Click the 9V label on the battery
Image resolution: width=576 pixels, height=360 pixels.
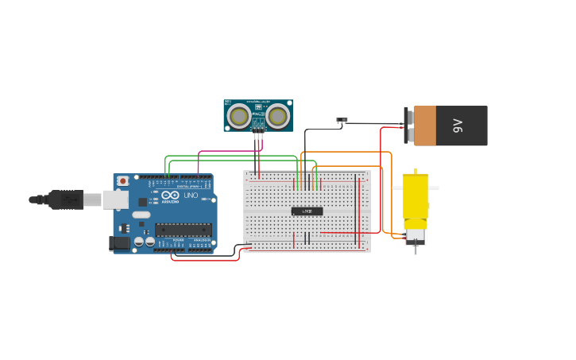pos(458,126)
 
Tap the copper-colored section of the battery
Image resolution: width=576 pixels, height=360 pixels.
pos(425,126)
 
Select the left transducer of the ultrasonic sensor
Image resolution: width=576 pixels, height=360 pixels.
pos(238,117)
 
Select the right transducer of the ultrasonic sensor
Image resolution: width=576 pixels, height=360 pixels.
pos(277,117)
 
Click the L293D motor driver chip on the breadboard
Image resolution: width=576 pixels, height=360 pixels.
pos(307,211)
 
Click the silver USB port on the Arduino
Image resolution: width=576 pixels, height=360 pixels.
pos(114,199)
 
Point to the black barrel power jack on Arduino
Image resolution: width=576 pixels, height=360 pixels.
pos(119,243)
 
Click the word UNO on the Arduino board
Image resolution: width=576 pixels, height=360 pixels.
pos(191,195)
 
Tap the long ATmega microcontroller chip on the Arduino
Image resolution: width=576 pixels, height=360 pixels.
pos(184,230)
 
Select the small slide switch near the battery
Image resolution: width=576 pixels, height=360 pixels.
pos(342,121)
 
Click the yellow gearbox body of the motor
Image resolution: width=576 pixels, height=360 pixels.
pos(415,195)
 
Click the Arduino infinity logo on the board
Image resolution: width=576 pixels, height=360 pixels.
pos(170,195)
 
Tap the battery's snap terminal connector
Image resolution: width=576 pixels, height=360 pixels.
pos(410,126)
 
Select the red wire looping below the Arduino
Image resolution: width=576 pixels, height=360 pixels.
pos(205,260)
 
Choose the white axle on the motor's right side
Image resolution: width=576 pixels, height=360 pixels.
pos(434,188)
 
